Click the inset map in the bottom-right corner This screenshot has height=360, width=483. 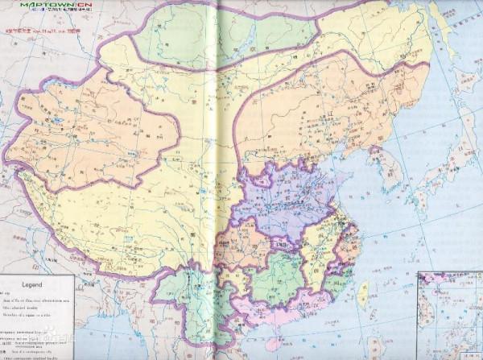449,315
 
